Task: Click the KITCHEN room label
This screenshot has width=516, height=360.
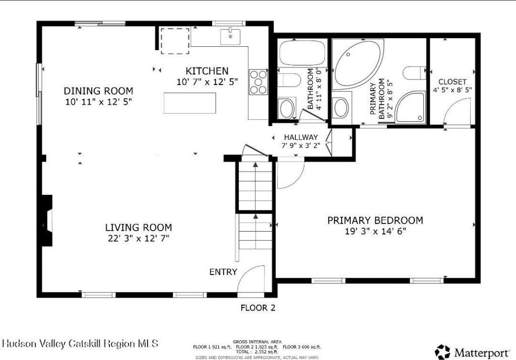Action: (x=207, y=71)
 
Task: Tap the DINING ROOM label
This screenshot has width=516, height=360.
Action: (x=98, y=91)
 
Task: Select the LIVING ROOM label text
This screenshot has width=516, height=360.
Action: (x=139, y=228)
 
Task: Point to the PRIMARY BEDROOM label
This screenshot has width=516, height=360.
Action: (x=375, y=220)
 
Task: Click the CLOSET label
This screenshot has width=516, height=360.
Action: (x=453, y=82)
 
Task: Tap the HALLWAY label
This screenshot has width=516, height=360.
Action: (x=301, y=137)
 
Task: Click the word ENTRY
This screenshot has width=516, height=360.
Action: (x=223, y=272)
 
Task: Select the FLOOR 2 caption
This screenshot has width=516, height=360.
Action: (x=258, y=308)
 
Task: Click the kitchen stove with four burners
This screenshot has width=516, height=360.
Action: (x=259, y=82)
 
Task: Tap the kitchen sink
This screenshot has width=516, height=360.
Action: (x=230, y=36)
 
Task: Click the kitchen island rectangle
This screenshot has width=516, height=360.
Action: (x=190, y=103)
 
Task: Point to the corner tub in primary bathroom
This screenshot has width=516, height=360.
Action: (x=358, y=64)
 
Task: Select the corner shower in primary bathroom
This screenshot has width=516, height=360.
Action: (x=410, y=107)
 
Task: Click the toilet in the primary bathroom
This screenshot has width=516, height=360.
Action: (x=415, y=73)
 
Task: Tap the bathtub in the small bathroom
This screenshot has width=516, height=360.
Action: (x=302, y=53)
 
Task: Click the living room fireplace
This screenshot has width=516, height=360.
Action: (x=46, y=221)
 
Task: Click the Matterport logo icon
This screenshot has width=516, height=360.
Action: (x=442, y=352)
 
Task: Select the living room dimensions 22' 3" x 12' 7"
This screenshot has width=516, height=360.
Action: (x=139, y=238)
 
